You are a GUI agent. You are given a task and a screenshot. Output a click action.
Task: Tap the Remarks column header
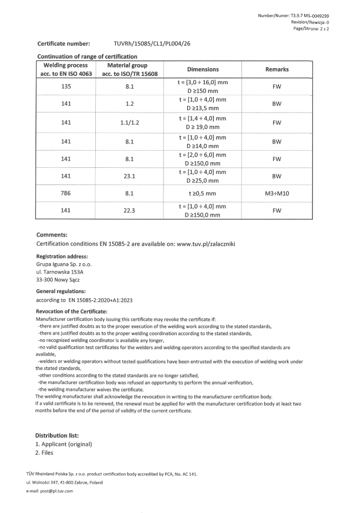point(277,69)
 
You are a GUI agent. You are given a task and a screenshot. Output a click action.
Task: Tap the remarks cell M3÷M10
point(277,194)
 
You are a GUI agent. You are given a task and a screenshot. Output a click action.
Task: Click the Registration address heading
point(62,256)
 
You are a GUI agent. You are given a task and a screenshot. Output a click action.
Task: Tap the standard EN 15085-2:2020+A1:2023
point(96,300)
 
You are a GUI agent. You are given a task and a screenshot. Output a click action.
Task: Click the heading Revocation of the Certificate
point(71,312)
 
